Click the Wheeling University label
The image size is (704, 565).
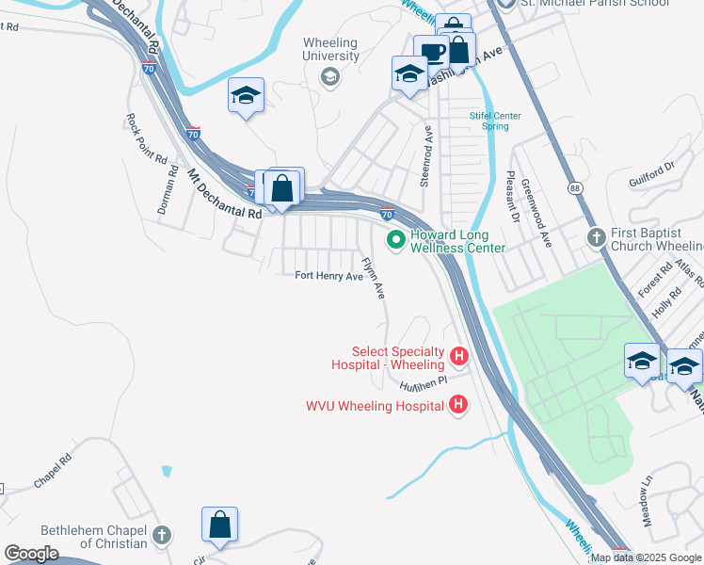(x=331, y=49)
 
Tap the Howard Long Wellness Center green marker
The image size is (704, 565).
(x=396, y=241)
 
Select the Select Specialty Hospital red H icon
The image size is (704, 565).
(x=459, y=356)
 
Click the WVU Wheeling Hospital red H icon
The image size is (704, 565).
(x=458, y=406)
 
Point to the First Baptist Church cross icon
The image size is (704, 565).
(x=595, y=235)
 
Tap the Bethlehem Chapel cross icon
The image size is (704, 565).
(x=161, y=536)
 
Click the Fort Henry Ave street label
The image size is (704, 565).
(x=328, y=276)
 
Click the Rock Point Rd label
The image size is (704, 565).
(x=145, y=139)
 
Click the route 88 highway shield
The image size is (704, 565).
(x=573, y=187)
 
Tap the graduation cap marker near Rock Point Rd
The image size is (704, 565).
(x=246, y=95)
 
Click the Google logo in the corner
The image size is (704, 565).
(x=31, y=554)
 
